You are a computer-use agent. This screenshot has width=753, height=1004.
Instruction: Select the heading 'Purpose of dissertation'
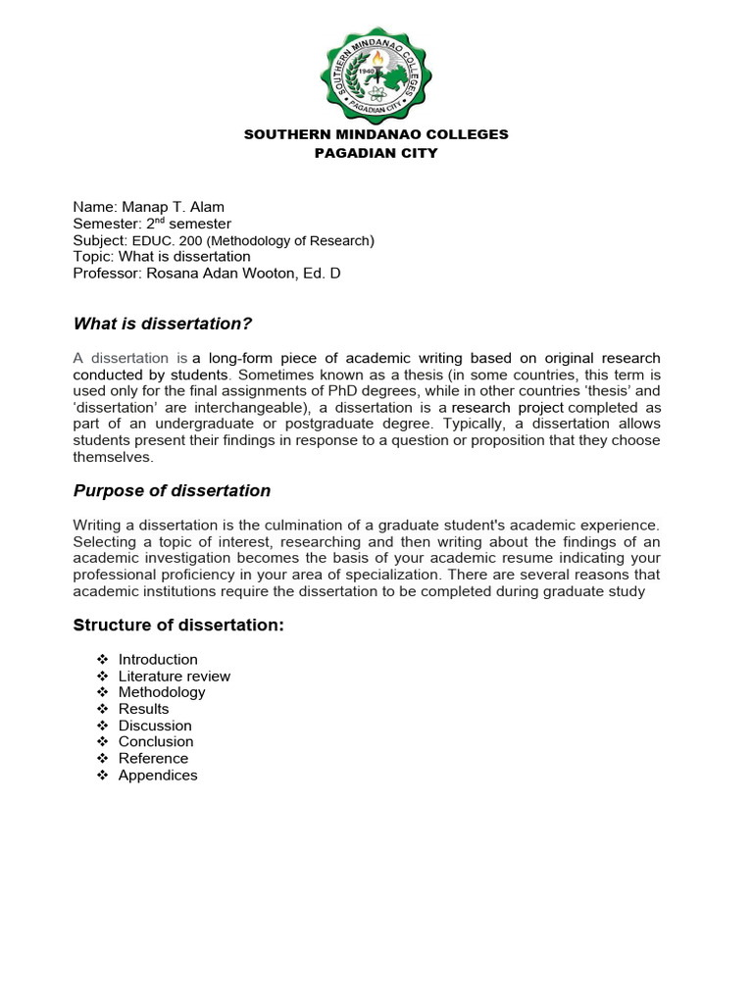[172, 490]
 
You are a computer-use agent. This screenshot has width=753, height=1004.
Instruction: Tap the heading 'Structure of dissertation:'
[178, 625]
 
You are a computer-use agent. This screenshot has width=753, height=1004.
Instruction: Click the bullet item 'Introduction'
[158, 660]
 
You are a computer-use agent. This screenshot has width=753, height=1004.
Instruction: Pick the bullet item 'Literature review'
[175, 677]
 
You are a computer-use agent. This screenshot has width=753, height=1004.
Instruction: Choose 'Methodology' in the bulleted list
[162, 692]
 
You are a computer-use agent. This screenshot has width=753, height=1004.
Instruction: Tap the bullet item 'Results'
[143, 709]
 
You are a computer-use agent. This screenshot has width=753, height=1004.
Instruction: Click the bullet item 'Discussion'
[155, 726]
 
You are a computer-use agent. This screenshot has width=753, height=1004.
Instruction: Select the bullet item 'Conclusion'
[156, 742]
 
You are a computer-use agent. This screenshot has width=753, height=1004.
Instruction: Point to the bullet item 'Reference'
[153, 758]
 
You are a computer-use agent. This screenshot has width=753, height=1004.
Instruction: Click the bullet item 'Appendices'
[158, 775]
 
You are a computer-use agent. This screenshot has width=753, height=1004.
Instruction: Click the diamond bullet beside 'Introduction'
[102, 660]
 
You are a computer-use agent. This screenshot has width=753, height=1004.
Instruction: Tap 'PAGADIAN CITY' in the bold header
[376, 153]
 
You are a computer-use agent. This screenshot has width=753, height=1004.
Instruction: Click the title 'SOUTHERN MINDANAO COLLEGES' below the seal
[376, 134]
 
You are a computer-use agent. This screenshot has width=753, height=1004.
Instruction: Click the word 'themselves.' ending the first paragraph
[114, 457]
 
